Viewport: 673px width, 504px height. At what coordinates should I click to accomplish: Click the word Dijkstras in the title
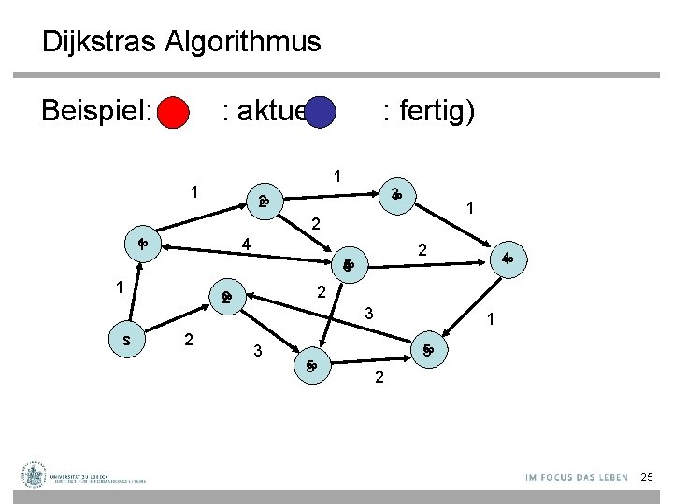pos(99,42)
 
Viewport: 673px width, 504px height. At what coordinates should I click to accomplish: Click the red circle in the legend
pos(173,114)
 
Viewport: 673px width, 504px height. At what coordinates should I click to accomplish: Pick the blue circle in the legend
pos(321,113)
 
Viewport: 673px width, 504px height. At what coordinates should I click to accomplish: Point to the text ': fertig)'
pos(428,112)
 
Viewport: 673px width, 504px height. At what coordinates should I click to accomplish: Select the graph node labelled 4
pos(507,258)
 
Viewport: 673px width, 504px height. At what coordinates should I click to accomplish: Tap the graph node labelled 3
pos(396,194)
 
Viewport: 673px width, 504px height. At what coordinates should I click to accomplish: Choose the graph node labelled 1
pos(143,245)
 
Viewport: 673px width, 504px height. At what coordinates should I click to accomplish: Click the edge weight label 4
pos(245,245)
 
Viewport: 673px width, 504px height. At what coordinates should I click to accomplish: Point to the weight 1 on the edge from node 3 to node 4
pos(473,211)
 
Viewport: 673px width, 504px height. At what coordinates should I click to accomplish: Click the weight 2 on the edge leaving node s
pos(189,339)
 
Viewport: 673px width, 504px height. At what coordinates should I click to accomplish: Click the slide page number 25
pos(647,478)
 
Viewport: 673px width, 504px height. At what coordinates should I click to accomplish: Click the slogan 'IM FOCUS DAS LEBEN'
pos(577,478)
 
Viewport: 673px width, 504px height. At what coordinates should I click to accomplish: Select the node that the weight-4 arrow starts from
pos(346,265)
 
